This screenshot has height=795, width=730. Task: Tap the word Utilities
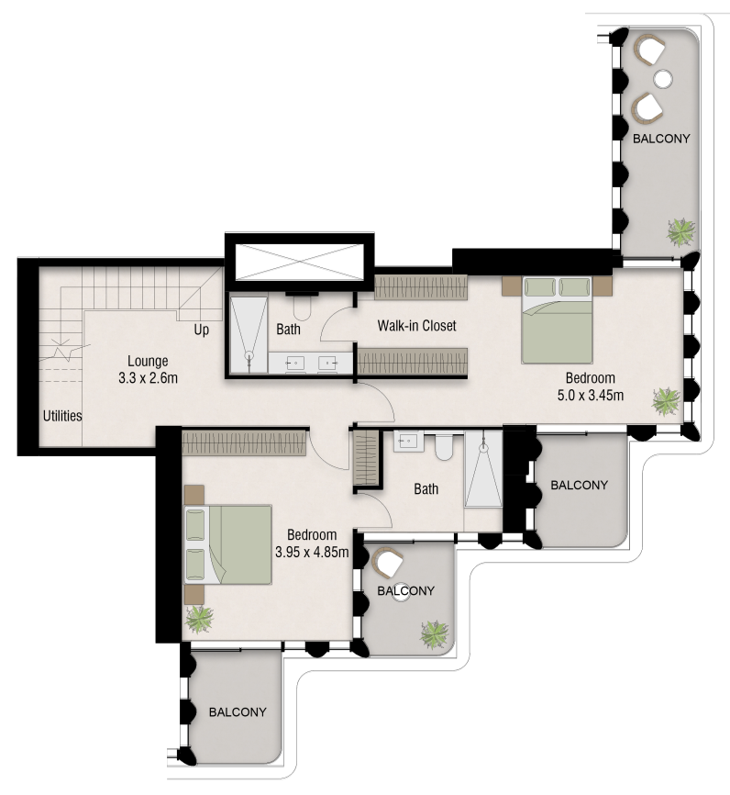[62, 416]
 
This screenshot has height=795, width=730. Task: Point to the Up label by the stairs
[201, 330]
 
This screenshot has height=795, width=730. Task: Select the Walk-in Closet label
[416, 326]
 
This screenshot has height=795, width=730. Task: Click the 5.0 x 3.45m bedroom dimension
[591, 395]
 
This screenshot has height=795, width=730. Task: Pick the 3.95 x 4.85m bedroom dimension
[312, 552]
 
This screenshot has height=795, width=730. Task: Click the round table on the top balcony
[663, 78]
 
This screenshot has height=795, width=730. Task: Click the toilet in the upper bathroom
[302, 307]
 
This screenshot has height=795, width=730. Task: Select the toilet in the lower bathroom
[444, 446]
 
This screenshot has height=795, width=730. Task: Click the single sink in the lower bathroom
[408, 441]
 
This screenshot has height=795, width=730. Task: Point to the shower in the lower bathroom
[483, 469]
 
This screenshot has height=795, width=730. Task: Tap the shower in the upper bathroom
[249, 333]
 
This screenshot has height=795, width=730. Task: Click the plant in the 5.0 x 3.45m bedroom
[665, 401]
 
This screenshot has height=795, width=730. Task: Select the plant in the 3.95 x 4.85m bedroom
[199, 619]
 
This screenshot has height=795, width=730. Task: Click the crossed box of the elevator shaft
[301, 262]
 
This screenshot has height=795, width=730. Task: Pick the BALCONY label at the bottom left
[238, 711]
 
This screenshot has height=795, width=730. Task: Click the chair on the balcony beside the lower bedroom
[388, 562]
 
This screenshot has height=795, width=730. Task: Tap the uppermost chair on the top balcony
[650, 50]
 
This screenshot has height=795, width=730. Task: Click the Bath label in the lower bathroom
[426, 488]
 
